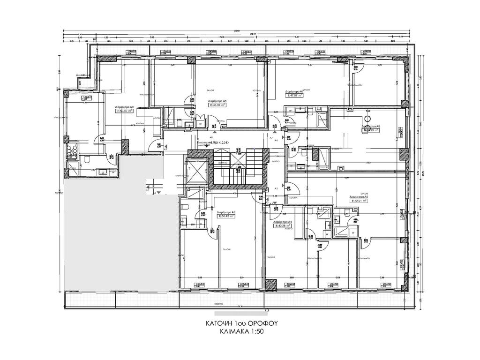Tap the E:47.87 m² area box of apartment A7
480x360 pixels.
tap(295, 95)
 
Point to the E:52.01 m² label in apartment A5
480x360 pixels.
tap(359, 200)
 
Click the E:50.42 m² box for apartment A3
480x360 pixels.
tap(227, 216)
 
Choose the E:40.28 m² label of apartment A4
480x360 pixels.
tap(283, 225)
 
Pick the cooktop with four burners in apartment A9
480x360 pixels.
tap(72, 150)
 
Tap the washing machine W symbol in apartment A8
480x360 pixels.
tap(201, 124)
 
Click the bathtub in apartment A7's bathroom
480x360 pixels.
tap(322, 120)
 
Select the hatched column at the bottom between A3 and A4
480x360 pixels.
tap(270, 284)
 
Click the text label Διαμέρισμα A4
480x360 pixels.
tap(283, 221)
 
